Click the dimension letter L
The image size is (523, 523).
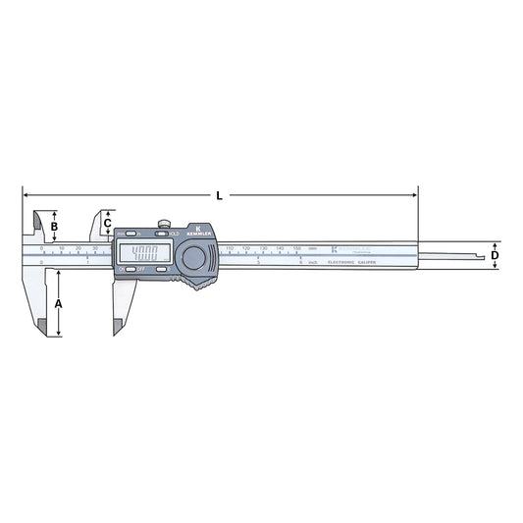point(219,195)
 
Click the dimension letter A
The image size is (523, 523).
point(59,304)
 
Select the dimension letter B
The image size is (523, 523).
point(55,228)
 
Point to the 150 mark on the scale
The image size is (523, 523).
point(297,248)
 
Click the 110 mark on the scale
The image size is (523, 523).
point(230,248)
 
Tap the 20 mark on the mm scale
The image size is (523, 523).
point(78,248)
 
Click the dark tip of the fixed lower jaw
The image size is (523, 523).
point(42,328)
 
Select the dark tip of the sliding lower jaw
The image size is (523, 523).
point(118,326)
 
